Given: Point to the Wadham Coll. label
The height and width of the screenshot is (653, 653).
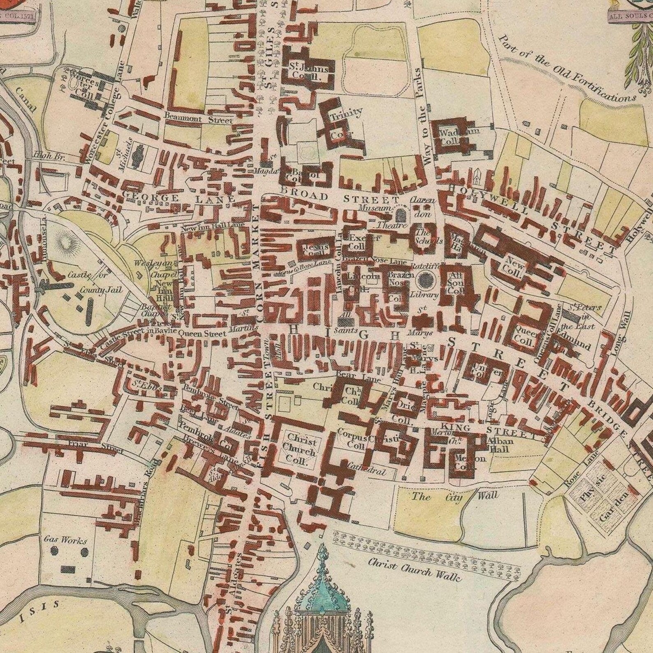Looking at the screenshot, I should click(454, 137).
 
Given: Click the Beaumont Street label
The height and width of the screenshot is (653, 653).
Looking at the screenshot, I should click(198, 118).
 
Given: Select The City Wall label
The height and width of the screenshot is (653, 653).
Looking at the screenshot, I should click(455, 497).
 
